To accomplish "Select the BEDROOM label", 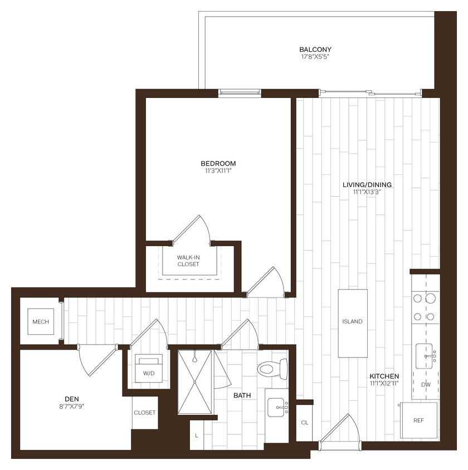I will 218,163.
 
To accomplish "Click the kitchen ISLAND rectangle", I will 353,323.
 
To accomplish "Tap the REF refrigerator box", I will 418,420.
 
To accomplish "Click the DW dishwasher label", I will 426,384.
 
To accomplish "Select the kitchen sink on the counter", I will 427,356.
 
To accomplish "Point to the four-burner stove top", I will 424,307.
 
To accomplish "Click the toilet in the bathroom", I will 272,368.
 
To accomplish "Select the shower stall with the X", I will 196,382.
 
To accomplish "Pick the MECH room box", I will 41,322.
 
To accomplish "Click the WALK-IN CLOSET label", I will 188,260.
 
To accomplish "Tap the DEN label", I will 71,398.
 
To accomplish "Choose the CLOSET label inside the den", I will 144,413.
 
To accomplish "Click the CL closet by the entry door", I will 304,422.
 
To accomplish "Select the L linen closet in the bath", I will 196,434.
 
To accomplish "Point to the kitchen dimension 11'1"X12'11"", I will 384,383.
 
